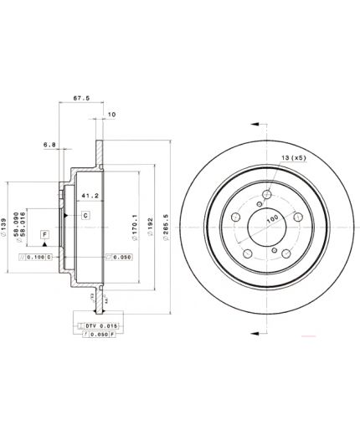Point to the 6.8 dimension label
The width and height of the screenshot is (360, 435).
(x=50, y=145)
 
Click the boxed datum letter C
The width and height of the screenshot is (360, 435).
(x=85, y=215)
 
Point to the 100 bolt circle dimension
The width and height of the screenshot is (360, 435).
(x=271, y=218)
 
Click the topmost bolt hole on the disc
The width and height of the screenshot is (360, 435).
(x=267, y=196)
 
